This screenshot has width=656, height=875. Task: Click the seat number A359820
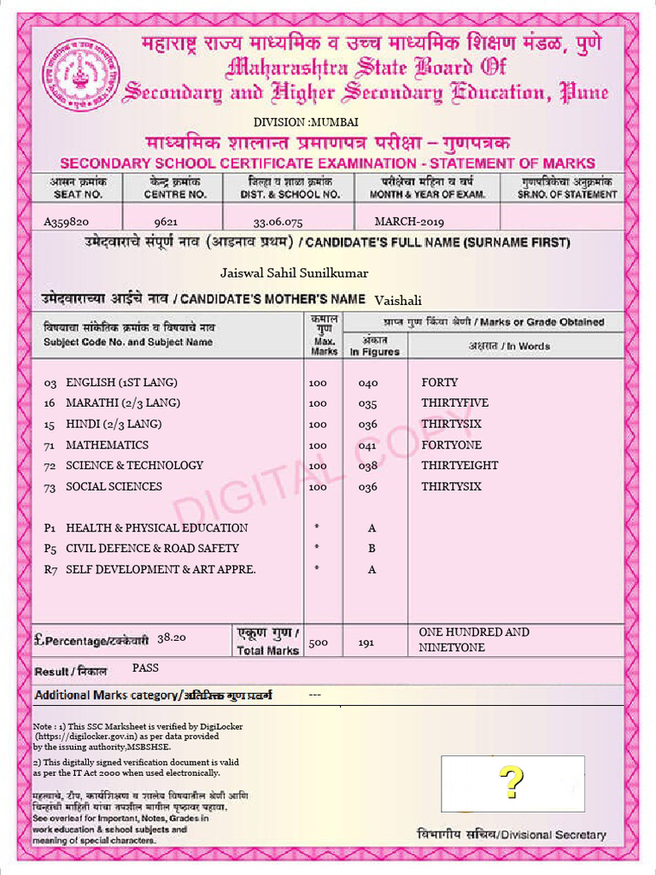[67, 221]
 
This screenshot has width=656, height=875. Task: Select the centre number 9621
[166, 221]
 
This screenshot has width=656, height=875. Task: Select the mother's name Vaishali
[398, 300]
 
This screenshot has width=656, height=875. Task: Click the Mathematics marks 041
[367, 445]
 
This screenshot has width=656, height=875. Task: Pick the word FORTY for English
[439, 383]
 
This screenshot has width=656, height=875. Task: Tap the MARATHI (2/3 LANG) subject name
[123, 403]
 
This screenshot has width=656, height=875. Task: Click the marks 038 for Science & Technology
[367, 467]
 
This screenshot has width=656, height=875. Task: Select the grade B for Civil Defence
[372, 549]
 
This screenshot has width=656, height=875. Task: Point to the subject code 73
[50, 487]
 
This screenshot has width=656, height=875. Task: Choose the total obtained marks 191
[366, 643]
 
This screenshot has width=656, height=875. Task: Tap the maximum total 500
[318, 643]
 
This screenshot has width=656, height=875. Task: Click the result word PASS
[145, 667]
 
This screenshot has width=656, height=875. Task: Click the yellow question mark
[511, 782]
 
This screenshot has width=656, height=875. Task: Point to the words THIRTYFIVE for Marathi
[454, 403]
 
